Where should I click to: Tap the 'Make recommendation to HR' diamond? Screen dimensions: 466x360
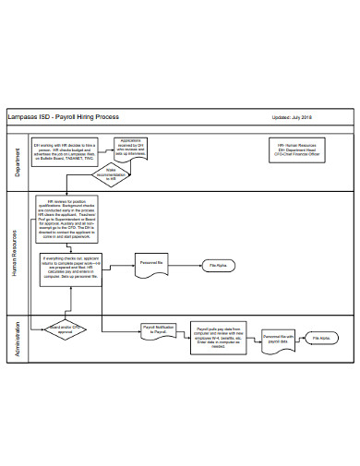[111, 173]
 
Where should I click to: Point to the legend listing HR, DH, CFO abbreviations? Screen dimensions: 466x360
[300, 149]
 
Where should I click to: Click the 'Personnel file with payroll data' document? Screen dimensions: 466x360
[278, 340]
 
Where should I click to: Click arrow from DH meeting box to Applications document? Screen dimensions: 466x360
[103, 149]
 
